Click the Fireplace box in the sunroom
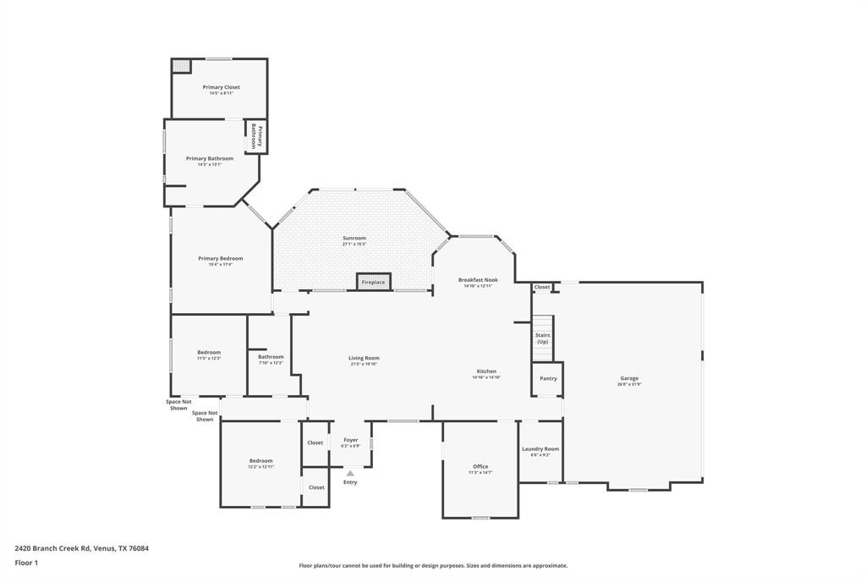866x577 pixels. pyautogui.click(x=373, y=282)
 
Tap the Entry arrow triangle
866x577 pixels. pyautogui.click(x=350, y=473)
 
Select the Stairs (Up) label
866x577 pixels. pyautogui.click(x=542, y=338)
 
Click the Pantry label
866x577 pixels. pyautogui.click(x=548, y=378)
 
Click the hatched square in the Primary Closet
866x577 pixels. pyautogui.click(x=181, y=65)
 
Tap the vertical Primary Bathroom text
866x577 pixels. pyautogui.click(x=256, y=136)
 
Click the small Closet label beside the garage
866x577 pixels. pyautogui.click(x=542, y=287)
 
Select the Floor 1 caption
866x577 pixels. pyautogui.click(x=26, y=563)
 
